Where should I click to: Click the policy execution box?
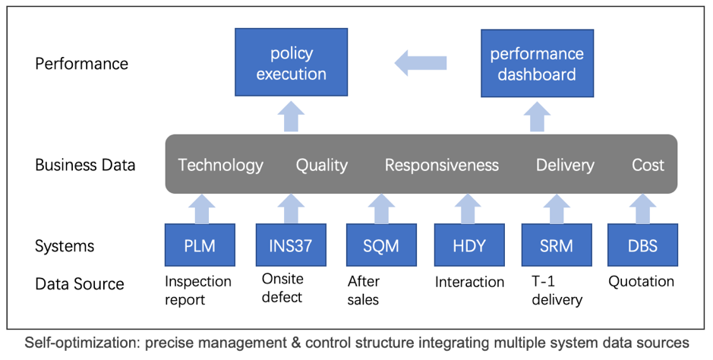coord(291,62)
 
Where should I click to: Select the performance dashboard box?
coord(537,63)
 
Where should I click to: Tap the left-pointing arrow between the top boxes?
coord(421,63)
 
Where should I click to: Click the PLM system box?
coord(200,245)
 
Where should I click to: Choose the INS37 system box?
coord(291,245)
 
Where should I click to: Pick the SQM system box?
coord(381,245)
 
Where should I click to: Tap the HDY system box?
coord(469,245)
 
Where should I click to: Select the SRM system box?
coord(557,245)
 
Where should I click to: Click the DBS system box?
coord(642,245)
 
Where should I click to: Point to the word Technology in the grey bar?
coord(220,166)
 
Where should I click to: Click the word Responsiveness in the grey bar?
coord(442,165)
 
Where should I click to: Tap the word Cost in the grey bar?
coord(648,165)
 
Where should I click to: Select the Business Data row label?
coord(85,165)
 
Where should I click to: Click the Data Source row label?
coord(80,283)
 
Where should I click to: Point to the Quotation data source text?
coord(641,282)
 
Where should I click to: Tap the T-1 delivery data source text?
coord(557,291)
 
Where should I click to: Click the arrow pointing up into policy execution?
coord(291,117)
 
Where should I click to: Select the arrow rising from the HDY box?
coord(468,209)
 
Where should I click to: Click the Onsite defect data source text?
coord(282,288)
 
